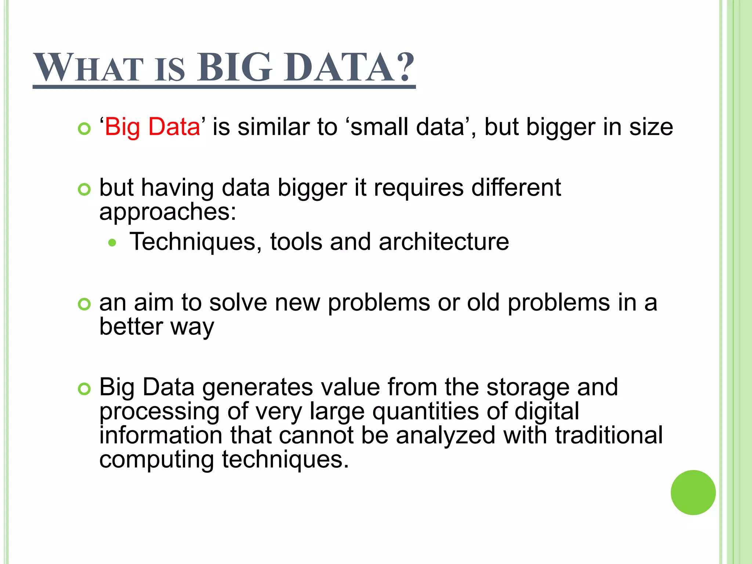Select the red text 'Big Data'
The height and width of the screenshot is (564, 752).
tap(152, 127)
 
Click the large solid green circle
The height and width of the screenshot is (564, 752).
tap(693, 492)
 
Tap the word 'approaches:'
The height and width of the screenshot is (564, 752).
tap(168, 212)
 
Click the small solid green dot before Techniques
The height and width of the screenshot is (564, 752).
tap(112, 243)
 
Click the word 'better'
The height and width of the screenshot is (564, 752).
tap(131, 326)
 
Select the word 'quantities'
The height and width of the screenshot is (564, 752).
tap(426, 411)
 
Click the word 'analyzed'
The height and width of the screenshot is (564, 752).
tap(446, 435)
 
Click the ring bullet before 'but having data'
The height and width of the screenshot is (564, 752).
tap(84, 189)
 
